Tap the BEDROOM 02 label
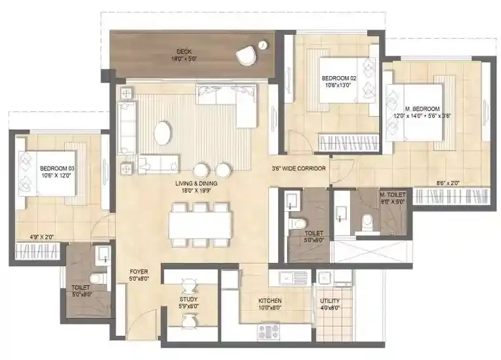tap(338, 78)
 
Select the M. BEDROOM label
tap(423, 108)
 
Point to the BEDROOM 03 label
tap(57, 169)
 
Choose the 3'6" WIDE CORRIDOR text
tap(299, 169)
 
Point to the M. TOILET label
tap(392, 195)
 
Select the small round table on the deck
tap(263, 45)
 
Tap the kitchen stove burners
tap(268, 330)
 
